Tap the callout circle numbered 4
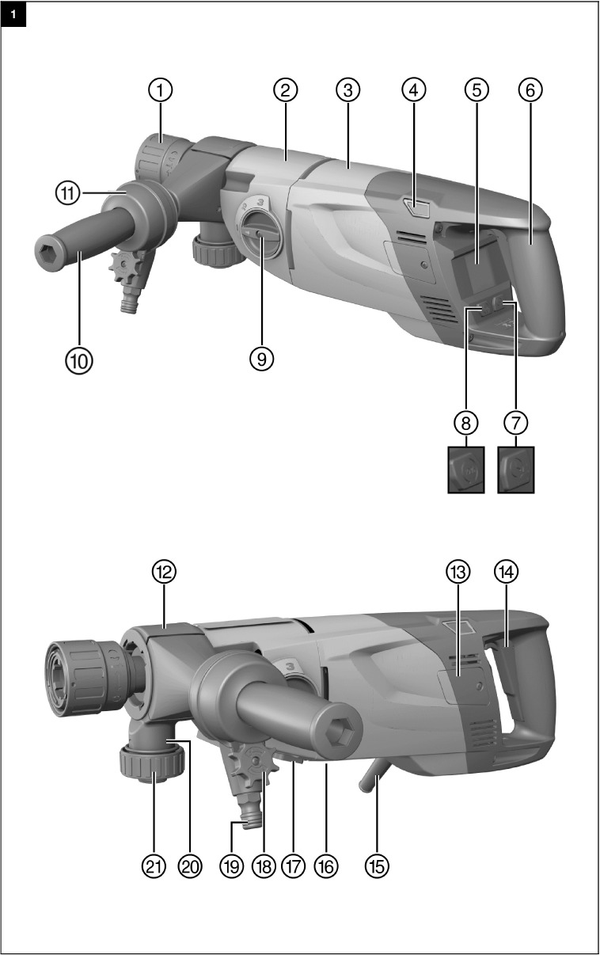click(x=410, y=90)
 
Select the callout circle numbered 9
click(x=261, y=359)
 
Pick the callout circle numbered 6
click(x=531, y=90)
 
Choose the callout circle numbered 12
click(x=165, y=572)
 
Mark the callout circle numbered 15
click(x=378, y=866)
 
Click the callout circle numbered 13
click(x=458, y=572)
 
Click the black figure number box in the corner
click(x=13, y=13)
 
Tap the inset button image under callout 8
click(x=467, y=470)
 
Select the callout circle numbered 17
click(x=294, y=866)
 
